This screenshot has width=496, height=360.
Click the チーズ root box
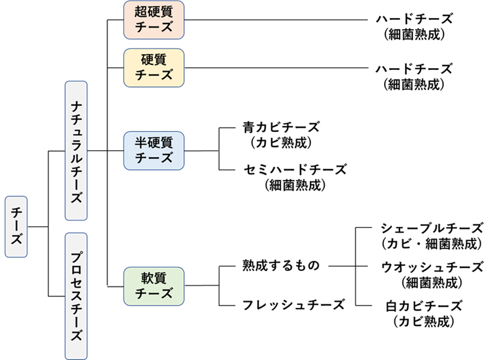click(x=17, y=227)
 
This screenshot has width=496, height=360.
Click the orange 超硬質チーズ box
click(x=153, y=20)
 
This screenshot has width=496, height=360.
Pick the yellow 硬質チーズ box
click(x=153, y=67)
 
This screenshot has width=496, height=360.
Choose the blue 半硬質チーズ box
click(x=153, y=150)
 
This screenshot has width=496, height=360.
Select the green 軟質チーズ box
click(x=153, y=285)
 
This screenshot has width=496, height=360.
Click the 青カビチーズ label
click(x=281, y=127)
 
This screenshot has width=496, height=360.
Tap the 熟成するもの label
click(x=281, y=266)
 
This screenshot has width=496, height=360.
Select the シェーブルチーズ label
click(x=431, y=228)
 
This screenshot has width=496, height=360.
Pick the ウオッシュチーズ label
click(x=431, y=267)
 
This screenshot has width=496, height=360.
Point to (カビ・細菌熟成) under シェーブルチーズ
click(x=431, y=243)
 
